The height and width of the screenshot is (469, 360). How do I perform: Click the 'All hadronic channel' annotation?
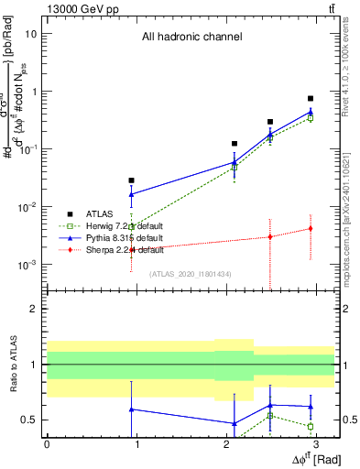coord(191,38)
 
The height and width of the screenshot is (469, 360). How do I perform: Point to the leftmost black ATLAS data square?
coord(132,180)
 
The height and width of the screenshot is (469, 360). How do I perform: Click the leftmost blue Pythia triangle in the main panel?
coord(132,194)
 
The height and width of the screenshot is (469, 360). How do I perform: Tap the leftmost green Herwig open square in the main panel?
coord(132,226)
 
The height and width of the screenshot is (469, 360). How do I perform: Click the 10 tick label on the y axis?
coord(31,34)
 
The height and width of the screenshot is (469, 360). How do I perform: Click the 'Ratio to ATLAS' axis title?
coord(11,365)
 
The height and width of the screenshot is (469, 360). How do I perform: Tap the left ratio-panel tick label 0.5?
coord(30,420)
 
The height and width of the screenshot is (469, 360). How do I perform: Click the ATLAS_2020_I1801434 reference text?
coord(191,274)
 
